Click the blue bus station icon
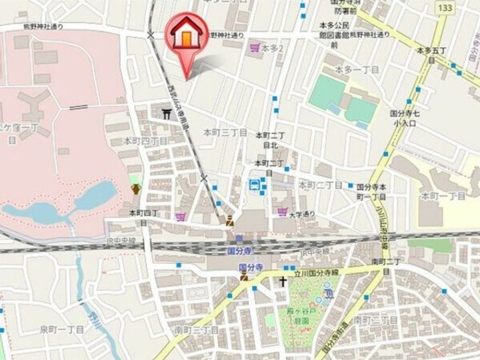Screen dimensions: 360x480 pyautogui.click(x=255, y=186)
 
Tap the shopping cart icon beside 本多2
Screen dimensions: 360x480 pyautogui.click(x=254, y=48)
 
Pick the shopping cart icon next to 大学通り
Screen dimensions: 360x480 pyautogui.click(x=281, y=213)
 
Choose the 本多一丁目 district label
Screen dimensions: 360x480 pyautogui.click(x=357, y=69)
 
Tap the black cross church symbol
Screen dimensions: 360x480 pyautogui.click(x=283, y=282)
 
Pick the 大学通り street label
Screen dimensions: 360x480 pyautogui.click(x=301, y=215)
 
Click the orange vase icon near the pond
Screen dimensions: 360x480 pyautogui.click(x=136, y=189)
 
